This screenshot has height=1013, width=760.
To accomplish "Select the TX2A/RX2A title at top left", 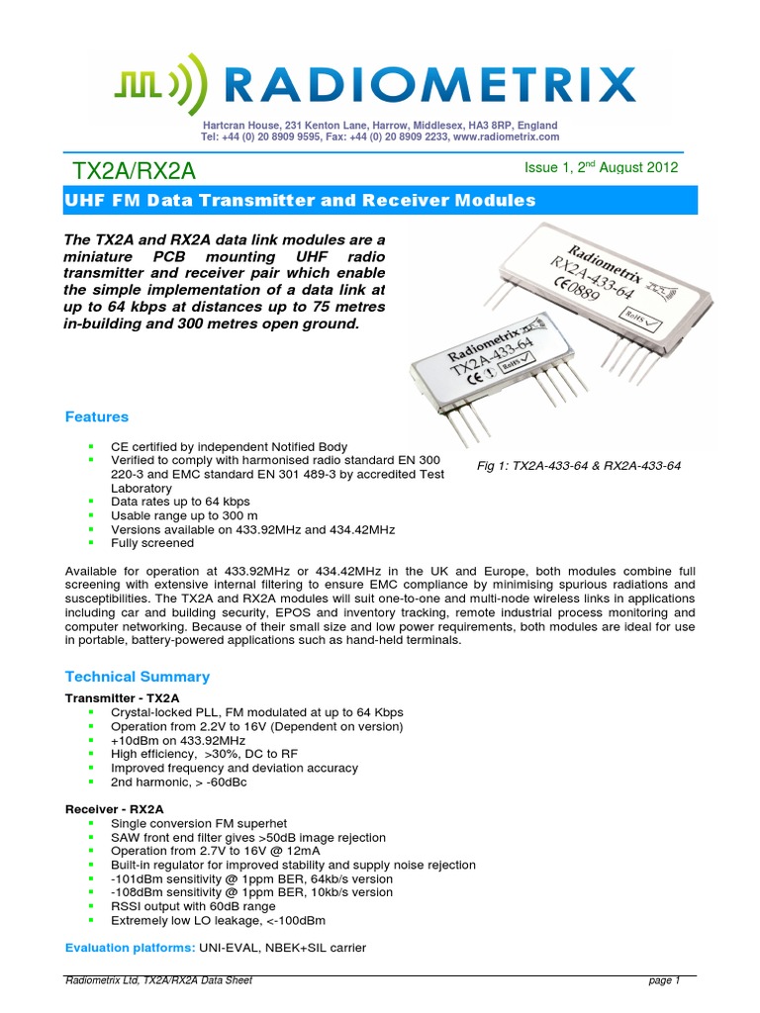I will click(132, 171).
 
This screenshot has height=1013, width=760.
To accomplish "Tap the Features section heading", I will click(96, 417).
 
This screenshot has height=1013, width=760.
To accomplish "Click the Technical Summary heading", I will click(137, 677).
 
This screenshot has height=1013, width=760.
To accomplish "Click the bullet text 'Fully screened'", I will click(152, 543).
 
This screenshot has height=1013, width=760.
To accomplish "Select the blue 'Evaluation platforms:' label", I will click(130, 948).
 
